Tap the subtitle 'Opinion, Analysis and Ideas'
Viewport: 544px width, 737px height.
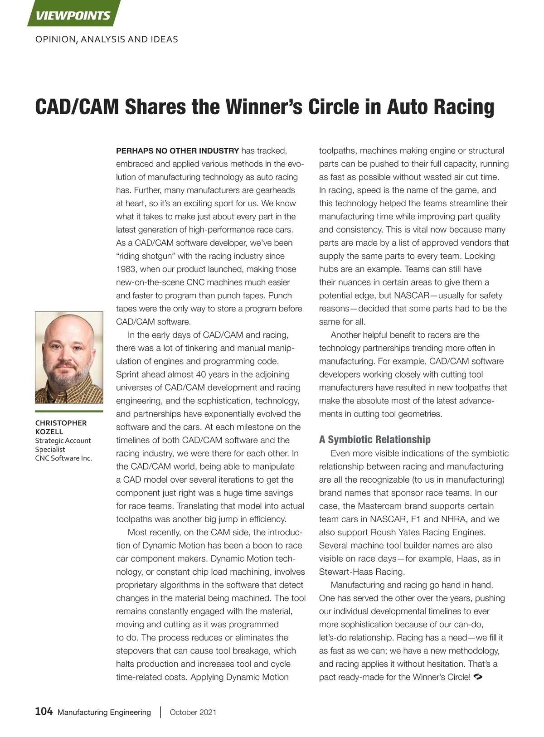pyautogui.click(x=107, y=39)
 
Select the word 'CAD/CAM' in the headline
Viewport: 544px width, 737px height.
pyautogui.click(x=77, y=107)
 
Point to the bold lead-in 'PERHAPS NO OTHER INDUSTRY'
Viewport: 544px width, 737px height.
pyautogui.click(x=177, y=151)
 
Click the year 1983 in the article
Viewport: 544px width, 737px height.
pyautogui.click(x=126, y=269)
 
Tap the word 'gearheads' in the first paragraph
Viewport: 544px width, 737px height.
pyautogui.click(x=275, y=190)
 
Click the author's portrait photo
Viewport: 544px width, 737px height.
pyautogui.click(x=69, y=357)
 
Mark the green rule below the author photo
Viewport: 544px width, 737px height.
pyautogui.click(x=69, y=412)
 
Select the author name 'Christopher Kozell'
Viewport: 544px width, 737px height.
pyautogui.click(x=61, y=427)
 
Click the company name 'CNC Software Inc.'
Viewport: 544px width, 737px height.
pyautogui.click(x=63, y=458)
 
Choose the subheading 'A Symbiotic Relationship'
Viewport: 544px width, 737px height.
pyautogui.click(x=374, y=440)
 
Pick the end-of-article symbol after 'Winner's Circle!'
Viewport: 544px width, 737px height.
pyautogui.click(x=477, y=677)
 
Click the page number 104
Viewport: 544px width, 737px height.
pyautogui.click(x=44, y=712)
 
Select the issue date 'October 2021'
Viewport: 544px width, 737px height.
pyautogui.click(x=193, y=713)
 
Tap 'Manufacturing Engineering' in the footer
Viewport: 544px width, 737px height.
pyautogui.click(x=104, y=713)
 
